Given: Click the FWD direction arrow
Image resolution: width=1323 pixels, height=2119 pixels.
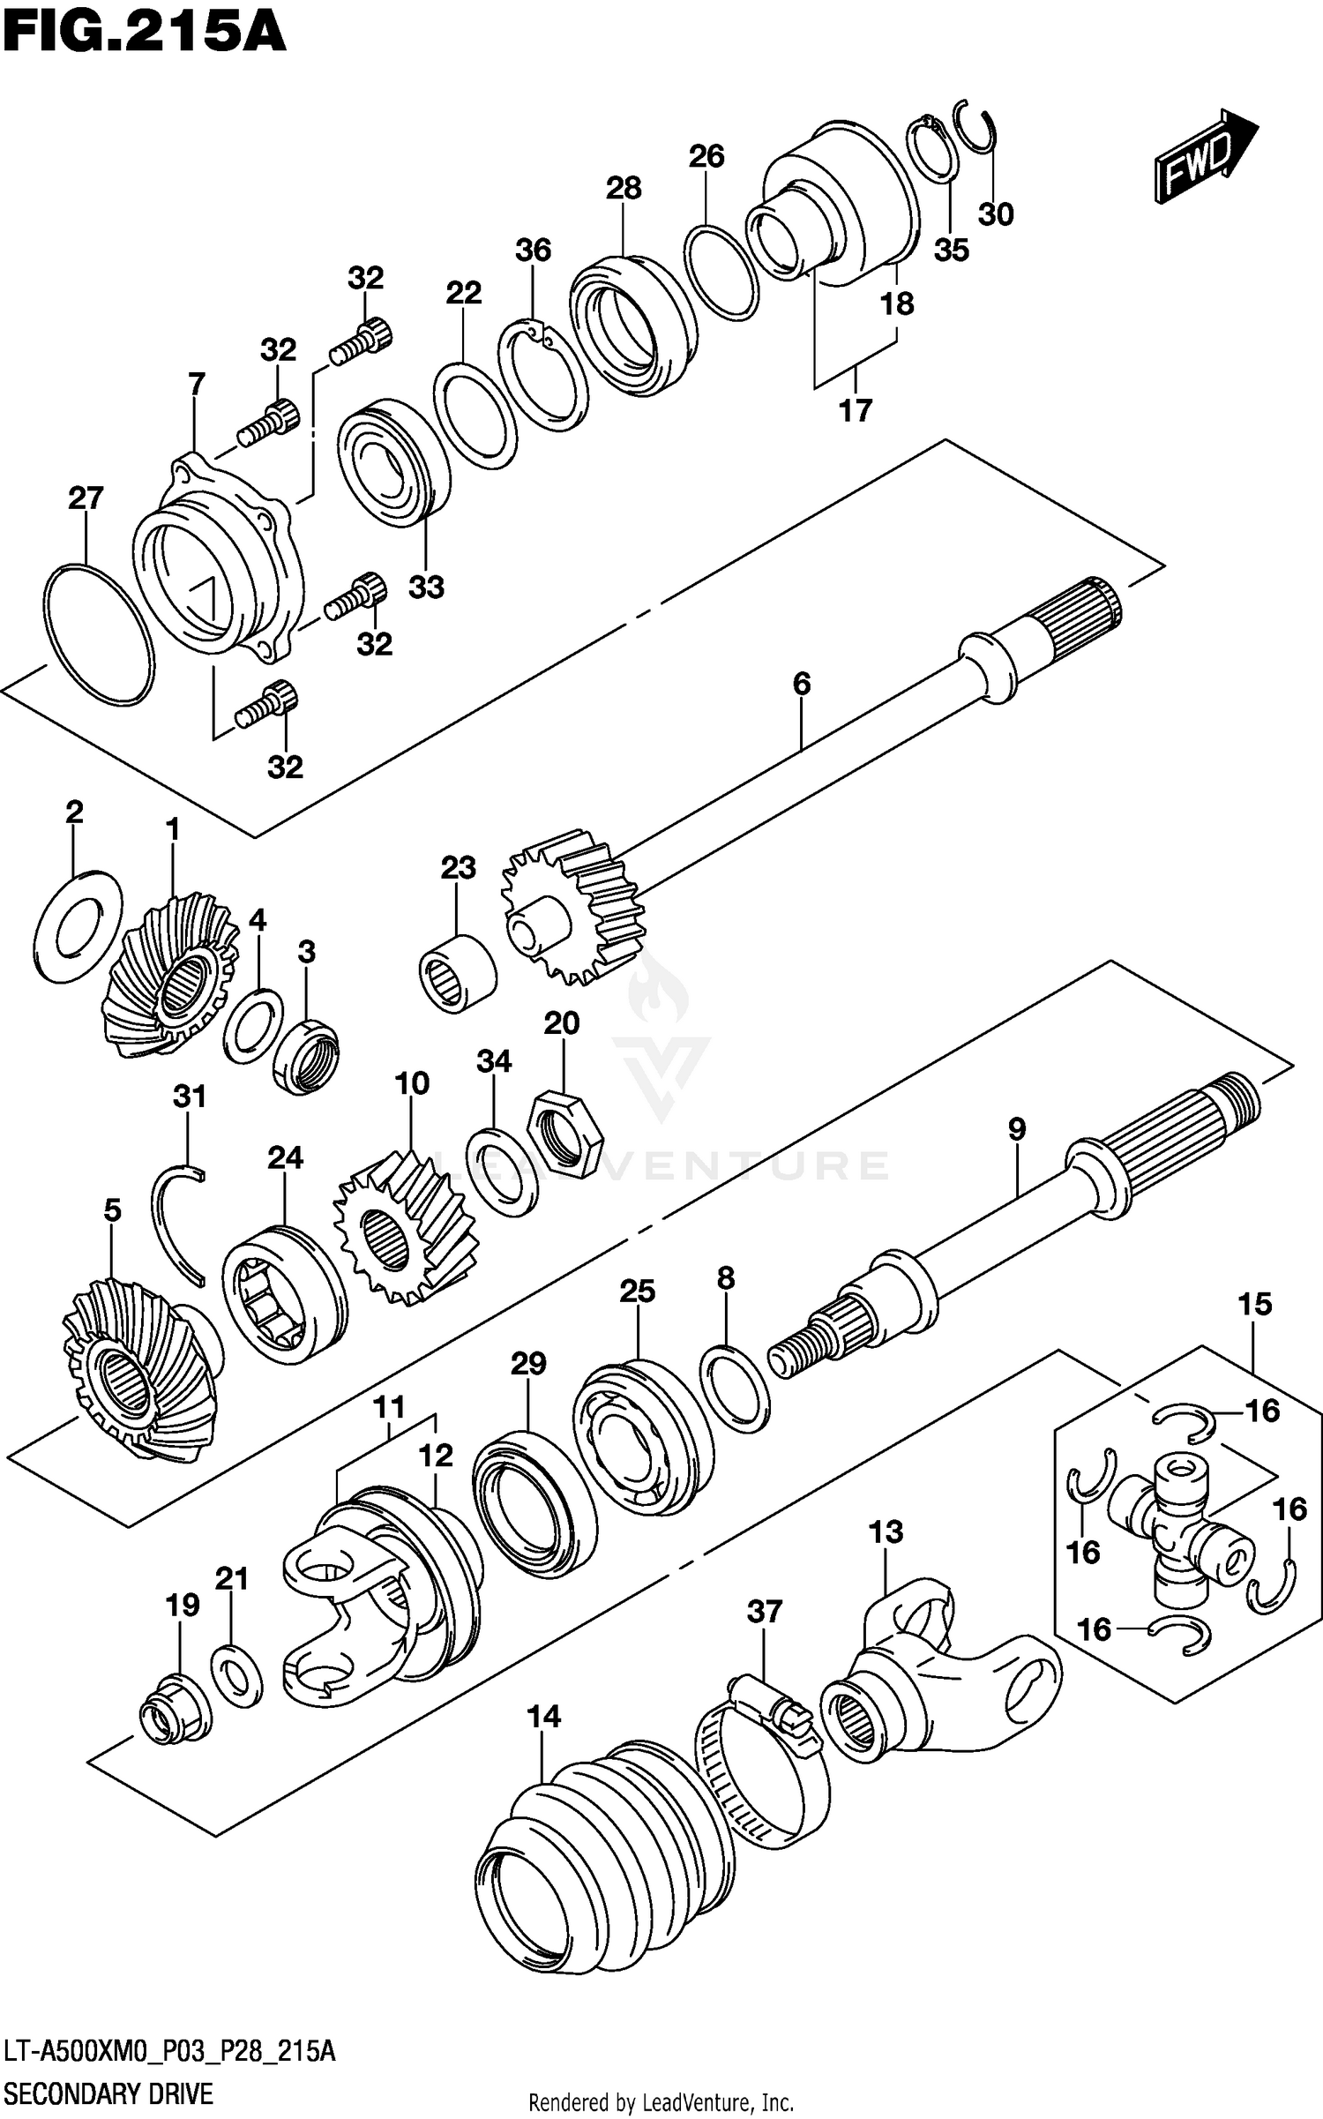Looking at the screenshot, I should point(1204,157).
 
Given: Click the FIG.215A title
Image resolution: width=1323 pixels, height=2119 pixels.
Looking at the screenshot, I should point(143,33).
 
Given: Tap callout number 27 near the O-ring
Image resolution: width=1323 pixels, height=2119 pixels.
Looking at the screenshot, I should point(86,498).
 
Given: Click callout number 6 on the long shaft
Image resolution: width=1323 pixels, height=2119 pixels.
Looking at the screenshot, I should point(801,684).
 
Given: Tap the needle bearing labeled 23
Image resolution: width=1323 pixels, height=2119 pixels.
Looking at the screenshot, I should point(456,972).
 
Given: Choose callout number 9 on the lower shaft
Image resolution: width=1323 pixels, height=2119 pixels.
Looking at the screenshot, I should point(1016,1129).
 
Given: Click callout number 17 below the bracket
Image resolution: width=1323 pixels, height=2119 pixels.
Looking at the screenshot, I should point(855,410).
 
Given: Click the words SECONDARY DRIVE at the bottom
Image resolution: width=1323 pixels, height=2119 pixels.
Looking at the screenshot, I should point(108,2093).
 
